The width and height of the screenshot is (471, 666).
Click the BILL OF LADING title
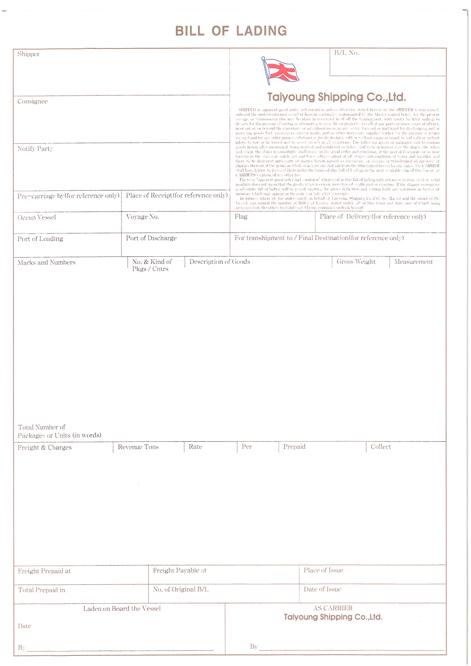[231, 31]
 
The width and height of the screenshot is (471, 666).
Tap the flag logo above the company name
[280, 70]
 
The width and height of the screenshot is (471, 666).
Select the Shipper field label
[28, 54]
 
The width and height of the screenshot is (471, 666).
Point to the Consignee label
[32, 101]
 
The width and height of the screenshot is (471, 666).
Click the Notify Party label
[35, 149]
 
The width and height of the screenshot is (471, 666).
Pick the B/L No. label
[347, 53]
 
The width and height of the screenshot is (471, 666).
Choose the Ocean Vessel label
[36, 218]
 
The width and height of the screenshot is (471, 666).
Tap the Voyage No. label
[142, 217]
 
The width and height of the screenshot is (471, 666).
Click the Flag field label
[241, 217]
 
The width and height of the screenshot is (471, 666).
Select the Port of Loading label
[40, 239]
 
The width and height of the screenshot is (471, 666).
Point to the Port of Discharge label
[151, 238]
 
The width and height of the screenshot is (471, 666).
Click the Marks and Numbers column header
[46, 263]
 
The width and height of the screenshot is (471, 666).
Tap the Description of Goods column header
[220, 262]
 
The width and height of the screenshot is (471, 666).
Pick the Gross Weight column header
[356, 262]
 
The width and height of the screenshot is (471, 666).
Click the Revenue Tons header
[138, 447]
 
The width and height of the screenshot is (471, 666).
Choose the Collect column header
[381, 447]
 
